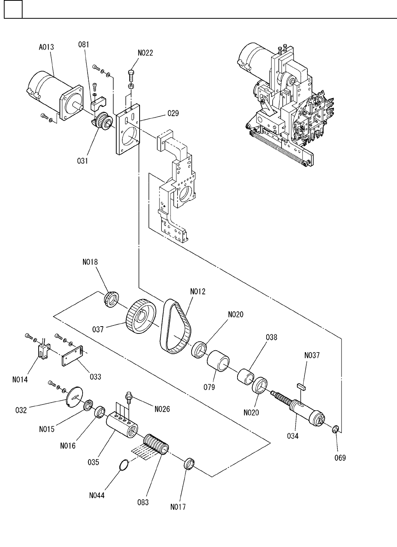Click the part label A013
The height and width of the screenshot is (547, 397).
[46, 47]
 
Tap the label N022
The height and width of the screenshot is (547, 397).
[145, 53]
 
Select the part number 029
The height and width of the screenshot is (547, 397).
[173, 113]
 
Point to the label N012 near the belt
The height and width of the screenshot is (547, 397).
[198, 291]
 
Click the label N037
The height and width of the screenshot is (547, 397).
[312, 355]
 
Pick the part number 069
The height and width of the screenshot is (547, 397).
[340, 458]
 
